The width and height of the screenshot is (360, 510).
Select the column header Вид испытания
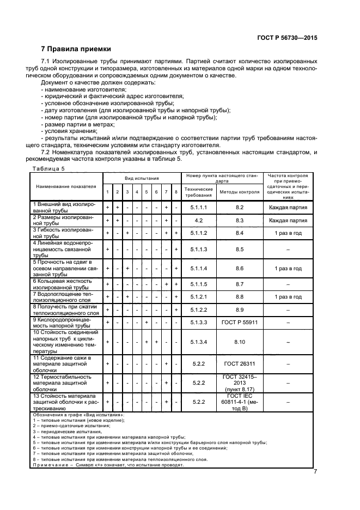pyautogui.click(x=142, y=178)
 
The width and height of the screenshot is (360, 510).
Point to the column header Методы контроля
pyautogui.click(x=239, y=192)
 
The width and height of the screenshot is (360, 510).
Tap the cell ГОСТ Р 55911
pyautogui.click(x=239, y=323)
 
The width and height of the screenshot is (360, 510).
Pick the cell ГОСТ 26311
pyautogui.click(x=239, y=363)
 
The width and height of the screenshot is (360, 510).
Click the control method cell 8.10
pyautogui.click(x=239, y=342)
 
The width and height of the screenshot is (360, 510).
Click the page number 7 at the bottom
pyautogui.click(x=315, y=472)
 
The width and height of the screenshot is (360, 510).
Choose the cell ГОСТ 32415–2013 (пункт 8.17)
pyautogui.click(x=239, y=383)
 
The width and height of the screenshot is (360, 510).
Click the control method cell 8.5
pyautogui.click(x=239, y=249)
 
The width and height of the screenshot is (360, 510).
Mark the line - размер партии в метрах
pyautogui.click(x=74, y=124)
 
